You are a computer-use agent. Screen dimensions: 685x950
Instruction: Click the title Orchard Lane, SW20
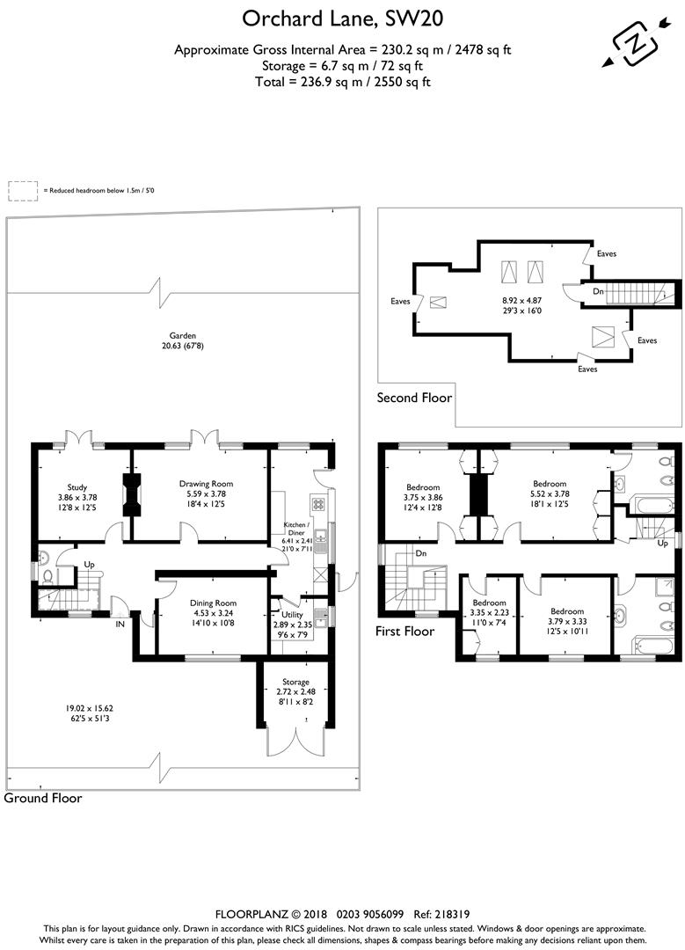[342, 19]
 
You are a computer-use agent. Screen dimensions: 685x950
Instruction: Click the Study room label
[77, 487]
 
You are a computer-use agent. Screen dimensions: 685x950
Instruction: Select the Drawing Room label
[206, 484]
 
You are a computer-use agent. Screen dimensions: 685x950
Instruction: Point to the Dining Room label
[213, 603]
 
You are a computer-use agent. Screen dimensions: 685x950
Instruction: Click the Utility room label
[292, 614]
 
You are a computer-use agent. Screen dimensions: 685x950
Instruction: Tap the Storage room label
[295, 682]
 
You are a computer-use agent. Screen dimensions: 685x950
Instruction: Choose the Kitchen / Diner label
[296, 529]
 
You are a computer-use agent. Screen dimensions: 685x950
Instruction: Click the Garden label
[182, 335]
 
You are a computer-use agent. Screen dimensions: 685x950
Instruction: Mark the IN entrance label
[120, 624]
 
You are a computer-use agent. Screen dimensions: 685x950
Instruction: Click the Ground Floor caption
[43, 798]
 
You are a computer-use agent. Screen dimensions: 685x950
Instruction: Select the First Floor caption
[404, 632]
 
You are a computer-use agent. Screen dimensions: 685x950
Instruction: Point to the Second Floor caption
[414, 398]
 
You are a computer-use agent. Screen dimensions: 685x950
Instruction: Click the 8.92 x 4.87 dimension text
[521, 300]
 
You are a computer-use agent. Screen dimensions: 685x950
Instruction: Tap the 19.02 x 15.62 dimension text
[90, 708]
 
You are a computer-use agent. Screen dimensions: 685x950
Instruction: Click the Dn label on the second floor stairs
[599, 291]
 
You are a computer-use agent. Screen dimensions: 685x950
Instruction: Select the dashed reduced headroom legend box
[23, 191]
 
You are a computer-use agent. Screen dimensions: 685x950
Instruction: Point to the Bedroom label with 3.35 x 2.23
[490, 603]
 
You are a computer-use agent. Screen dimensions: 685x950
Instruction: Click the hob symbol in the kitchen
[319, 504]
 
